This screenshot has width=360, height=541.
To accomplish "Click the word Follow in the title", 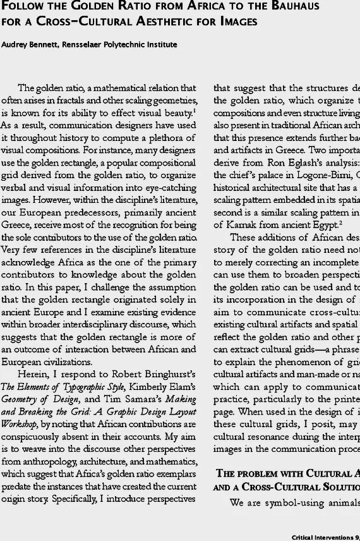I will tap(23, 8).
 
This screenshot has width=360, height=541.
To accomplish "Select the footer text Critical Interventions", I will tap(316, 535).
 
